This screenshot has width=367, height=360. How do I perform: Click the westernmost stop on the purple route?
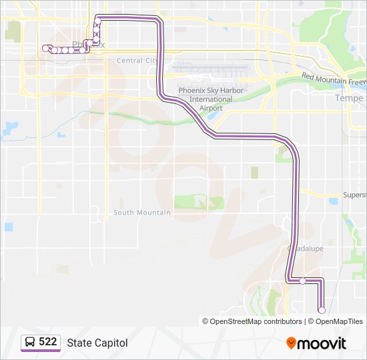pos(45,48)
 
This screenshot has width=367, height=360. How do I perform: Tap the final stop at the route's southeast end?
pos(322,310)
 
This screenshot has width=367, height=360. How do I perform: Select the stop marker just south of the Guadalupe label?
pos(302,281)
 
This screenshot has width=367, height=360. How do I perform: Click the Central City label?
pos(136,60)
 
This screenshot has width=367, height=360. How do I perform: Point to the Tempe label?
pos(349,98)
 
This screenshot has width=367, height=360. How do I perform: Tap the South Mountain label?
pos(141,213)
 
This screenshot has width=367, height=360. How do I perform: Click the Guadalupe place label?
pos(305,247)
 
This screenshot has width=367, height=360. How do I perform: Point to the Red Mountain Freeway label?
pos(334,79)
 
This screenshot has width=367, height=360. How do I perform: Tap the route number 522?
pos(48,342)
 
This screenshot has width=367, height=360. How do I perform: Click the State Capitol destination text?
pos(97,343)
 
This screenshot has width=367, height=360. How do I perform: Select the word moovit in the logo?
pos(322,343)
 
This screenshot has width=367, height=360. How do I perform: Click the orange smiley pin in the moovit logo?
pos(292,343)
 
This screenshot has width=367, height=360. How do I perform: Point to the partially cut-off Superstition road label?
pos(354,195)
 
